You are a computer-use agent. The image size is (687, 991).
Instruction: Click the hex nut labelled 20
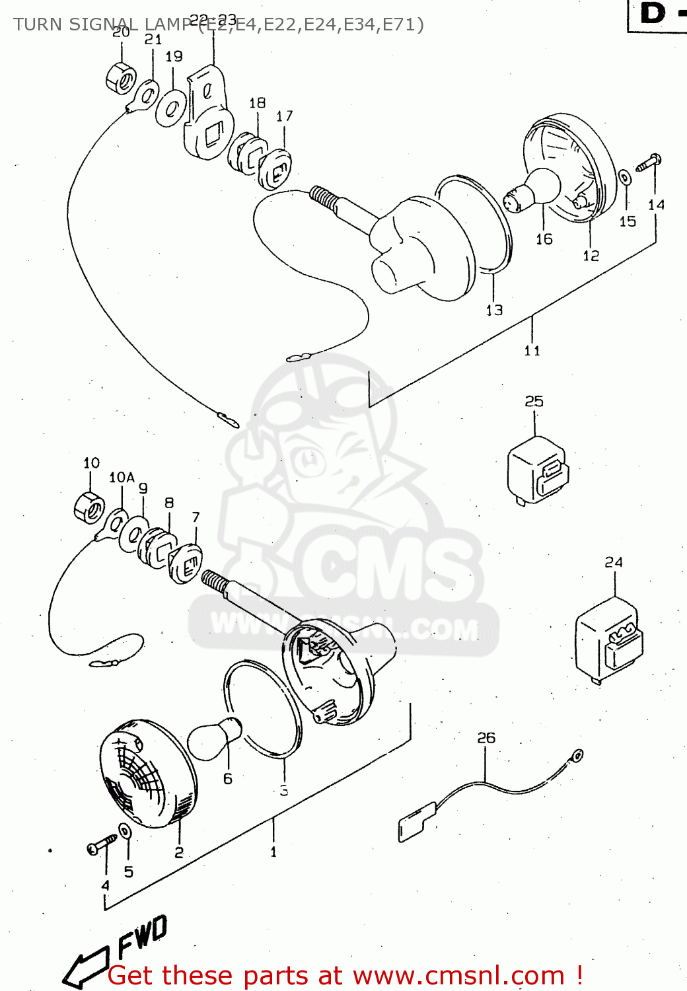121,78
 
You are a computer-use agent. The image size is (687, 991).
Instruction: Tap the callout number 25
534,401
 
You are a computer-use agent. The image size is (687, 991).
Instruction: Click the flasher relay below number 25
537,470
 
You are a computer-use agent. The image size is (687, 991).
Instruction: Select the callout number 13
494,310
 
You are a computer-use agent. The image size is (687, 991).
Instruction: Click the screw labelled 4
100,846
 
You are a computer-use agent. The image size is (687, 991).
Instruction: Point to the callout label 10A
122,477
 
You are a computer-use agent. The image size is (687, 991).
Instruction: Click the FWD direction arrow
89,965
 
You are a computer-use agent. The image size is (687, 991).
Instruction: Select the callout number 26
486,737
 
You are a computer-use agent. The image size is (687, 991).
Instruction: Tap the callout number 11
532,351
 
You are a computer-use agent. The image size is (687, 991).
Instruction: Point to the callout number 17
284,116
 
